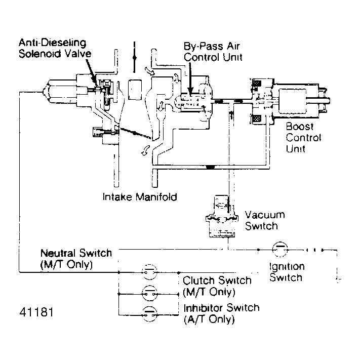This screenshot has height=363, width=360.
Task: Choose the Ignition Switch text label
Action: (x=286, y=272)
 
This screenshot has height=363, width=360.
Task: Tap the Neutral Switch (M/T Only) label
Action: (x=76, y=258)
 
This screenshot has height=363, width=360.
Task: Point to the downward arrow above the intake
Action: (x=134, y=56)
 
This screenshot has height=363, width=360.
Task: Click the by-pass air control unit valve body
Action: (x=192, y=102)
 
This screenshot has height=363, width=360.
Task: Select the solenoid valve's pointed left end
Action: (x=47, y=92)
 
